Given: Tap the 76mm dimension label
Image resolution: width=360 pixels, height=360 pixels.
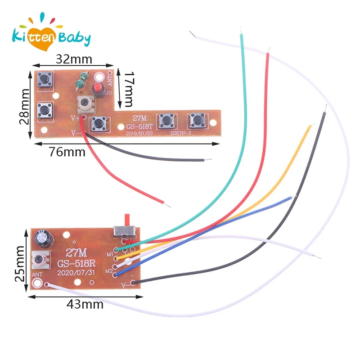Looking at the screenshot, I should (x=67, y=152).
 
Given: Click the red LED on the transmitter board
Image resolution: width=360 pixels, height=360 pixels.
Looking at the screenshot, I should (x=96, y=87).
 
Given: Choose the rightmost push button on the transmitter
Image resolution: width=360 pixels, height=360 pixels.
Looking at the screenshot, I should (x=196, y=119).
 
